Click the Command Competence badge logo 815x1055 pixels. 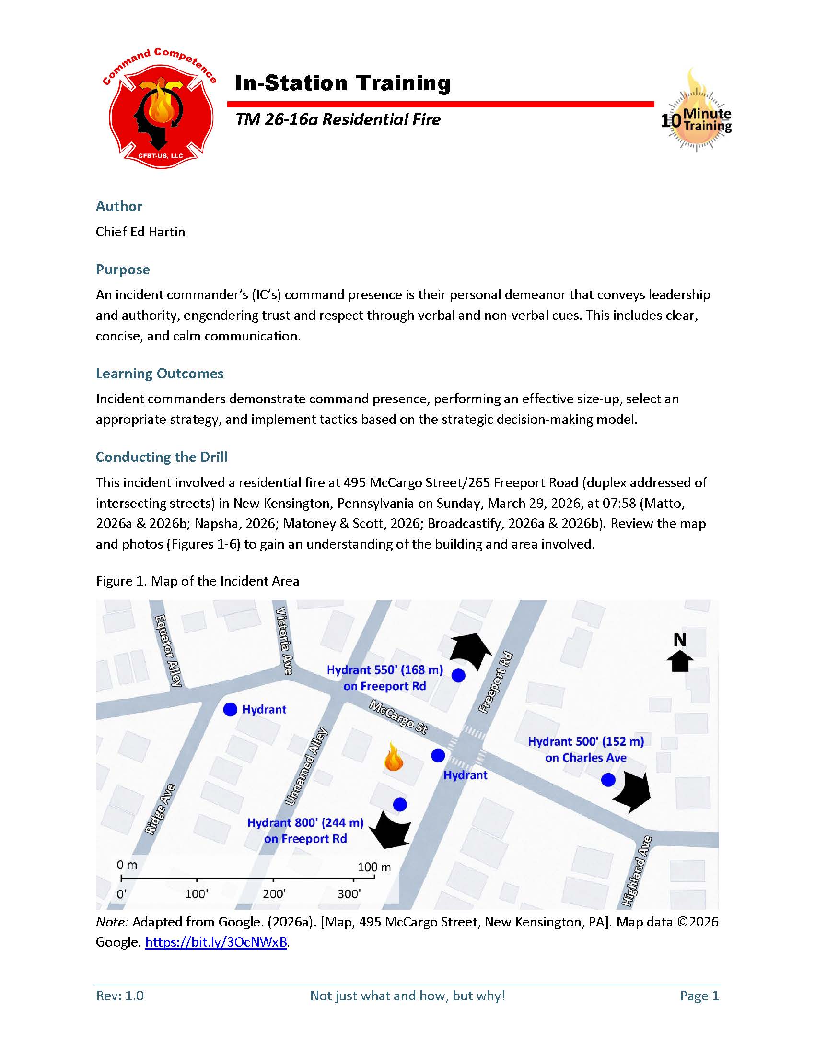[x=159, y=109]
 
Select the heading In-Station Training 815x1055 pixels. [x=342, y=83]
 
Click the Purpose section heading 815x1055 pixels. [x=123, y=269]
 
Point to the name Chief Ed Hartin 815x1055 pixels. [x=140, y=232]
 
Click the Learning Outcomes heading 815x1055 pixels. [x=159, y=374]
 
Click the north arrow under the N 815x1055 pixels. [x=680, y=661]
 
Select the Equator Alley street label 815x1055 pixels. [x=168, y=650]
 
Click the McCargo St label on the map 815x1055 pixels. [x=398, y=717]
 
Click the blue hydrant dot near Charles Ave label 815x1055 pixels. [x=608, y=780]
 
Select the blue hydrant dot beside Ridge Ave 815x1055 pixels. [x=230, y=710]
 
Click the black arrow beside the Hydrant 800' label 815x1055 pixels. [x=390, y=830]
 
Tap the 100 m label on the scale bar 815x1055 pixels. [x=374, y=867]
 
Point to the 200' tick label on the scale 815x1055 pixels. [x=274, y=894]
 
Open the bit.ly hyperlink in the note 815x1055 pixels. [x=216, y=942]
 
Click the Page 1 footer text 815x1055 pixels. [x=699, y=996]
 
